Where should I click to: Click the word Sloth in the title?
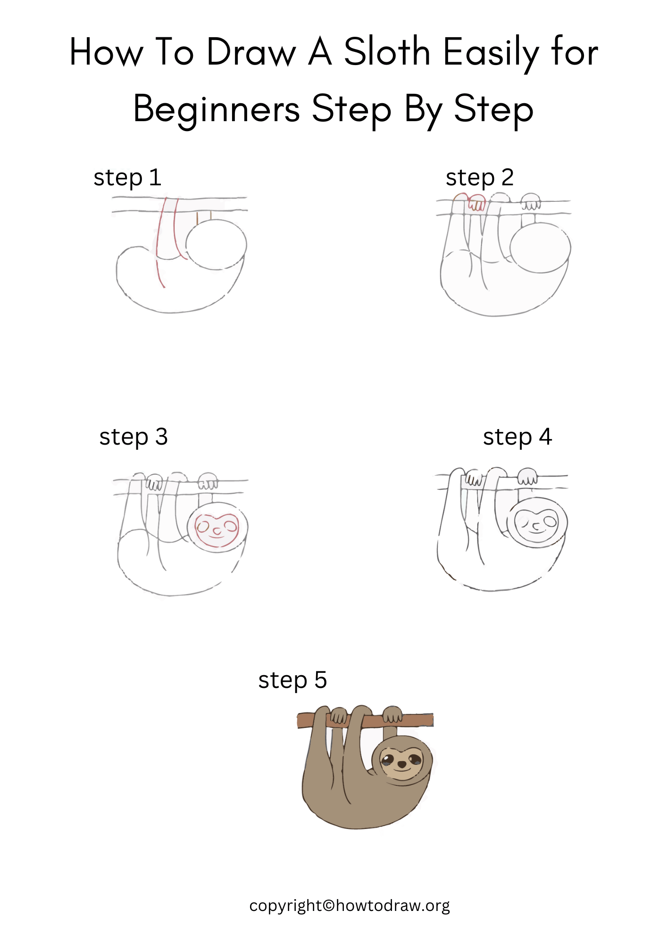click(387, 52)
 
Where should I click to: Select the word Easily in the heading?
click(491, 53)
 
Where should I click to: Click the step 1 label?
click(127, 178)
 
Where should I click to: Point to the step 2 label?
click(479, 178)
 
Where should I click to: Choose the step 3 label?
click(133, 437)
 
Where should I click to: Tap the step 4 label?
click(517, 437)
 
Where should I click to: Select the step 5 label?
click(292, 680)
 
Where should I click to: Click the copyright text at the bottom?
click(349, 906)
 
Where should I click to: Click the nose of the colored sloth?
click(401, 763)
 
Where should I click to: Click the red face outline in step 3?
click(217, 530)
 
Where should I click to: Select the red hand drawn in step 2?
click(476, 205)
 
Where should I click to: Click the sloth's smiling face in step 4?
click(537, 523)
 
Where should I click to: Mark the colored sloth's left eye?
click(388, 759)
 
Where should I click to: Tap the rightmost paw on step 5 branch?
click(392, 714)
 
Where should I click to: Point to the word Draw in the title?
click(251, 53)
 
